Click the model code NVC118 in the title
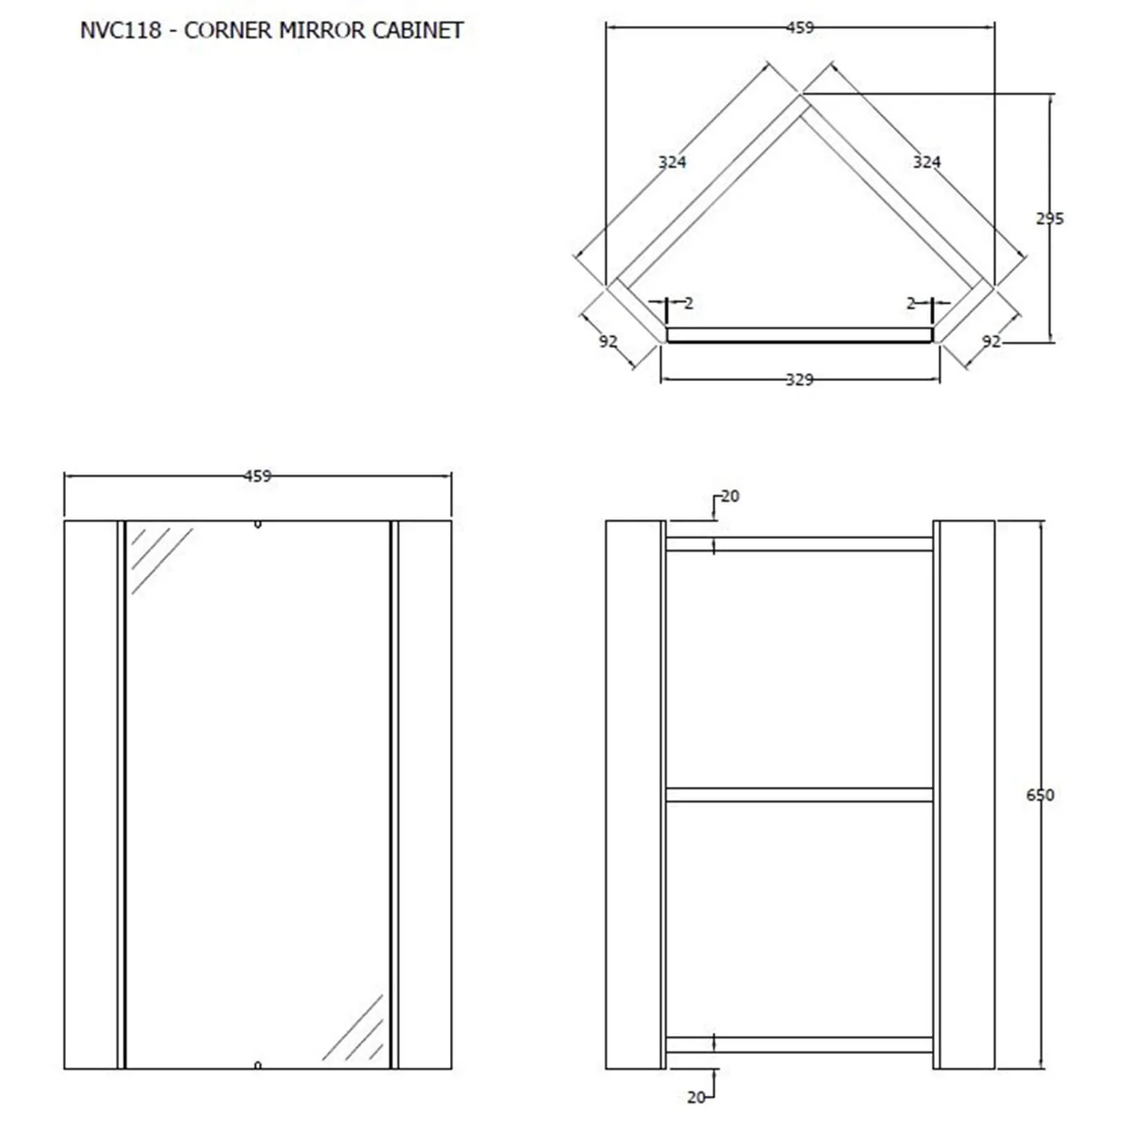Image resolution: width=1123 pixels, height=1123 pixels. [x=121, y=30]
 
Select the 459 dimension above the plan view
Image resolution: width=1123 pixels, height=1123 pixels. [x=800, y=28]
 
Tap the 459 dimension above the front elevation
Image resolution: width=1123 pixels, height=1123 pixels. [x=258, y=476]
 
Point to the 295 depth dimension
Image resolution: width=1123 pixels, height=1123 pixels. [x=1050, y=219]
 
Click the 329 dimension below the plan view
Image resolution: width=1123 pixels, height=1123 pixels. [x=800, y=380]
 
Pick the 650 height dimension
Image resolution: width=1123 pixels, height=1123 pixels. [x=1040, y=795]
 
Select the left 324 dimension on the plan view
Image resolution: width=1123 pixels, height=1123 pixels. [x=672, y=162]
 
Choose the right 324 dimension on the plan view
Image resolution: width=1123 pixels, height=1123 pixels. [x=927, y=162]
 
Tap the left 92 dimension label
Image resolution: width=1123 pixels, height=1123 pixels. [x=608, y=341]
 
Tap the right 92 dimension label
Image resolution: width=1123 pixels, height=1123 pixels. [x=991, y=341]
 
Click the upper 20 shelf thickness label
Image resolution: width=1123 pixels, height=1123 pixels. [x=730, y=496]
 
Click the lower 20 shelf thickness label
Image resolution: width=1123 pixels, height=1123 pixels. [x=696, y=1098]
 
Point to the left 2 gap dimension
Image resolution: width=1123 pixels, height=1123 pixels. [x=689, y=303]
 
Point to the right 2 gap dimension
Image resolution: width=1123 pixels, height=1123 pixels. [x=911, y=303]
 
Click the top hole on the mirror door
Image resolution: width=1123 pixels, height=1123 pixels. [x=258, y=525]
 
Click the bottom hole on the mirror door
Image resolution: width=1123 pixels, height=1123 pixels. [x=258, y=1065]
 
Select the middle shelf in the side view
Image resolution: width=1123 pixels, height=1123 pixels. [x=800, y=794]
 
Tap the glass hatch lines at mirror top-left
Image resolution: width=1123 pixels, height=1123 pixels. [x=162, y=561]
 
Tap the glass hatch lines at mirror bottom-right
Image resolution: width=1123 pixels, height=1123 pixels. [x=353, y=1027]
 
